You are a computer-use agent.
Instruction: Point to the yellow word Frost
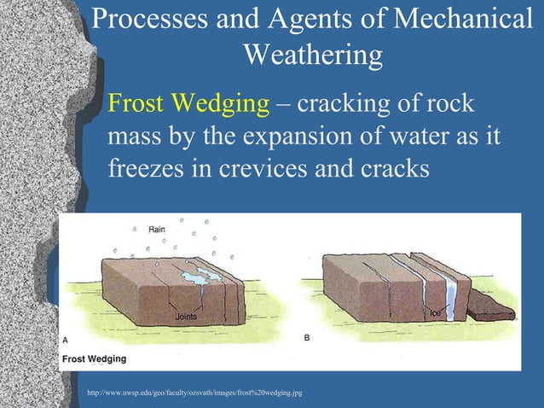(142, 105)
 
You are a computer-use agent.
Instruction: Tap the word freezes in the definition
(146, 167)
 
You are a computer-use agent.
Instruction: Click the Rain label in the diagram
(157, 230)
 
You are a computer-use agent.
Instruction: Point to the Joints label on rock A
(187, 317)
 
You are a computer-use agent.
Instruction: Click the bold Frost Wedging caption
(95, 358)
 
